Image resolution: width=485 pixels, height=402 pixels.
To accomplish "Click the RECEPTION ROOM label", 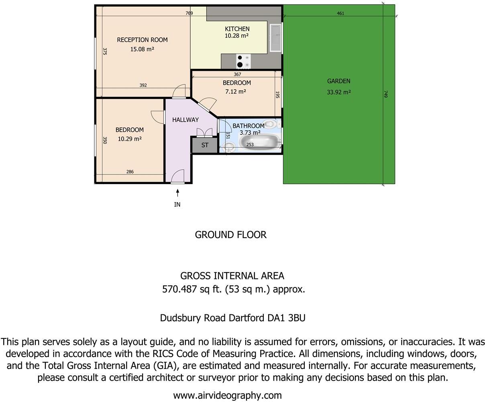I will click(x=142, y=40).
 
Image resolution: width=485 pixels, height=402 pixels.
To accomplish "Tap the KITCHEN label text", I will click(x=237, y=29).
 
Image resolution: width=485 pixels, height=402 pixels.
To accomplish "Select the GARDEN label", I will click(x=338, y=81).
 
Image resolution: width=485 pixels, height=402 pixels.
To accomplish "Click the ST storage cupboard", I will click(x=205, y=145).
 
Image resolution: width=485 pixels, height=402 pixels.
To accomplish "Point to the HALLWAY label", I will click(x=185, y=120).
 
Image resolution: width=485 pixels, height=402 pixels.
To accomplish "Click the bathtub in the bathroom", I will click(x=259, y=142).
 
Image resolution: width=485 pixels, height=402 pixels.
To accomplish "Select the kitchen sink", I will click(x=276, y=38).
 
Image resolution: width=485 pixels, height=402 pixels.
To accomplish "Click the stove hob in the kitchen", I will click(x=243, y=61).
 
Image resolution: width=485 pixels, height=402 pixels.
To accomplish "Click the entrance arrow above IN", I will click(x=177, y=193).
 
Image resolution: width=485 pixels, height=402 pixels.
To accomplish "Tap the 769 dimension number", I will click(x=189, y=13).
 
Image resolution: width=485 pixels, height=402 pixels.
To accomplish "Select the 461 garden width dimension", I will click(x=340, y=13).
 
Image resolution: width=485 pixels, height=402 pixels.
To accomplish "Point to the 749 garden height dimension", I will click(x=385, y=94).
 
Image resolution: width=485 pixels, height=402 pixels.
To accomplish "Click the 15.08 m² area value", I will click(x=142, y=49).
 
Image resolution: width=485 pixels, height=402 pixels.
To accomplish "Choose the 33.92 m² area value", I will click(x=338, y=92).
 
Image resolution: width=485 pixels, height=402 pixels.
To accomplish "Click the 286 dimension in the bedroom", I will click(x=130, y=172).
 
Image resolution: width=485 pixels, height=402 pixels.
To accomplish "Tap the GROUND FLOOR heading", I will click(x=230, y=235).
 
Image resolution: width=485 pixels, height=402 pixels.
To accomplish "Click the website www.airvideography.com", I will click(x=227, y=395).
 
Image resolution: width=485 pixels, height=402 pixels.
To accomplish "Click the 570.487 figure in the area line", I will click(x=179, y=289).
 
